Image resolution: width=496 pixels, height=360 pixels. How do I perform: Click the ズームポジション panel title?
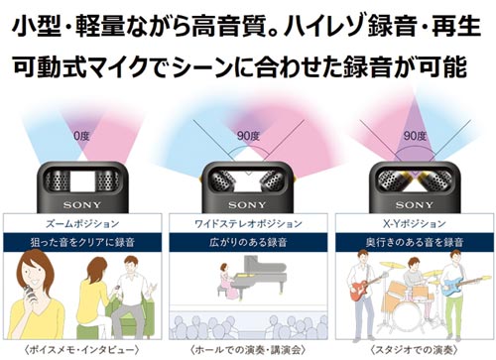tap(81, 225)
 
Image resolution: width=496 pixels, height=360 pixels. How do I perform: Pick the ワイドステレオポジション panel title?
tap(248, 225)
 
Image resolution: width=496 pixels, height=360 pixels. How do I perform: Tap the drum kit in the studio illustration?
tap(409, 302)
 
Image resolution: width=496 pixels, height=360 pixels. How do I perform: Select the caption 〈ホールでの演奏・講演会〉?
tap(248, 348)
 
